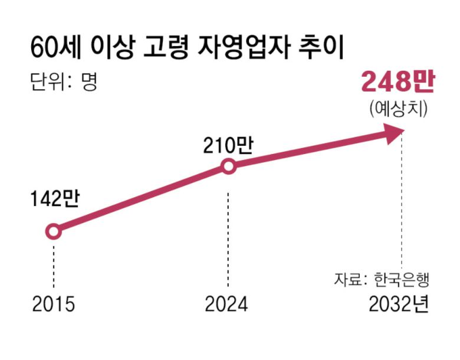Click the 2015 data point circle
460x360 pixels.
tap(53, 232)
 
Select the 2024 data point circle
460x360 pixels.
tap(229, 166)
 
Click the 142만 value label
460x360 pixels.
tap(54, 201)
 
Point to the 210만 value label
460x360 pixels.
tap(228, 144)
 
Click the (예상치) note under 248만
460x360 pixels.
tap(399, 109)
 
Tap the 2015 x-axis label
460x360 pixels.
tap(53, 305)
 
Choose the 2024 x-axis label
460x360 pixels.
tap(227, 305)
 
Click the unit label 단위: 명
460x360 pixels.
tap(63, 81)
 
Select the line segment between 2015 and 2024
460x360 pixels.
tap(142, 199)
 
